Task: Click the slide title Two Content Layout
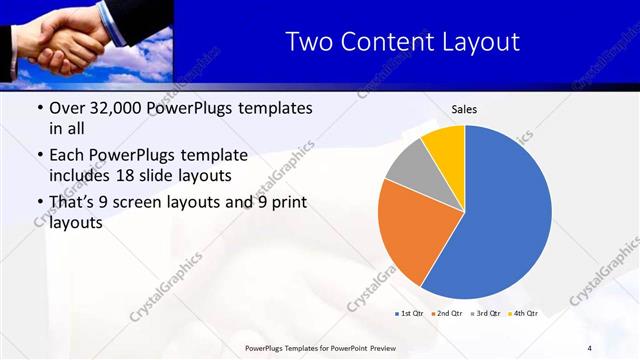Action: point(402,41)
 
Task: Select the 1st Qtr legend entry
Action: point(409,314)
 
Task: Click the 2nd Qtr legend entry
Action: point(446,314)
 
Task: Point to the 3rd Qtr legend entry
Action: point(484,314)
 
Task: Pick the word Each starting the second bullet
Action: point(68,155)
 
